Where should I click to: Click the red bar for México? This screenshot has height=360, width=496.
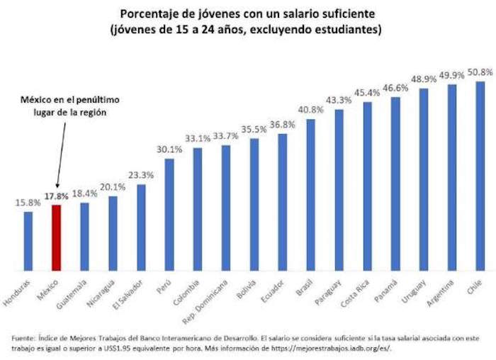56,237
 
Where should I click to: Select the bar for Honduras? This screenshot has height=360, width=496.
28,241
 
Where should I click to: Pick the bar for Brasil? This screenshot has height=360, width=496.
310,194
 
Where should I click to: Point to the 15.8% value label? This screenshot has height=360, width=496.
27,202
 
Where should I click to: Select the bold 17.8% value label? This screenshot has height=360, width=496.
56,196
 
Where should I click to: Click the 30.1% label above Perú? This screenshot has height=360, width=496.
169,150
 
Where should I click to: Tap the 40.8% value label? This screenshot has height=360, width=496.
310,110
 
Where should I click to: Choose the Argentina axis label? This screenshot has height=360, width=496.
444,294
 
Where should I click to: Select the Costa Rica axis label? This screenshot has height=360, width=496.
359,293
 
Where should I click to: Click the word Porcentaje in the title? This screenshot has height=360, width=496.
150,13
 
